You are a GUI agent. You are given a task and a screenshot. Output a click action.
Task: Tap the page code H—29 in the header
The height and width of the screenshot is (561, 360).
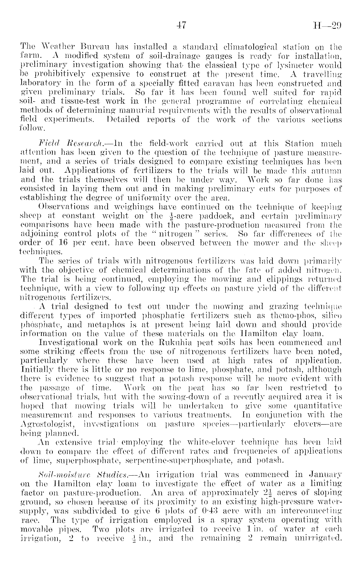[x=328, y=26]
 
